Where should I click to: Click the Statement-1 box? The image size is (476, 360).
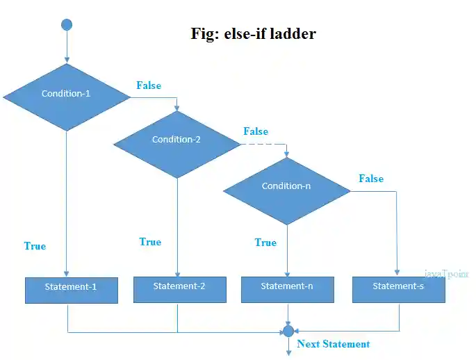point(71,290)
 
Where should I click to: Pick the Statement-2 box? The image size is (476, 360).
point(179,288)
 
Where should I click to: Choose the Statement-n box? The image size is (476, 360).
point(287,288)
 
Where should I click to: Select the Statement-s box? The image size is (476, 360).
point(398,288)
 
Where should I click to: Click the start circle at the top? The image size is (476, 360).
point(67,25)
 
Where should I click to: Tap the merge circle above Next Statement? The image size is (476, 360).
point(288,331)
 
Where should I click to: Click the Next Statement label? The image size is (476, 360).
point(333,344)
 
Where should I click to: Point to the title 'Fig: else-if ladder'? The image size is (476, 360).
point(253,33)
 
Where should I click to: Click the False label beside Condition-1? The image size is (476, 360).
point(148,85)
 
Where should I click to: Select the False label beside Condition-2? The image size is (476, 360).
point(255,131)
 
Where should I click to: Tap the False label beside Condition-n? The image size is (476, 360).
point(371,179)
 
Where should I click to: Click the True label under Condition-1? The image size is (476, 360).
point(35,246)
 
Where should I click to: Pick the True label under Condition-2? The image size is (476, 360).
point(150,242)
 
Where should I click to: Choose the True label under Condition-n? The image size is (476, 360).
point(265,243)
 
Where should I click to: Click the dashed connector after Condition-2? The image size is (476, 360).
point(263,145)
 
